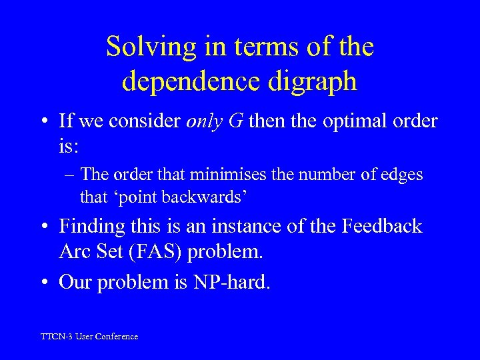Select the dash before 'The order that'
coord(69,175)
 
